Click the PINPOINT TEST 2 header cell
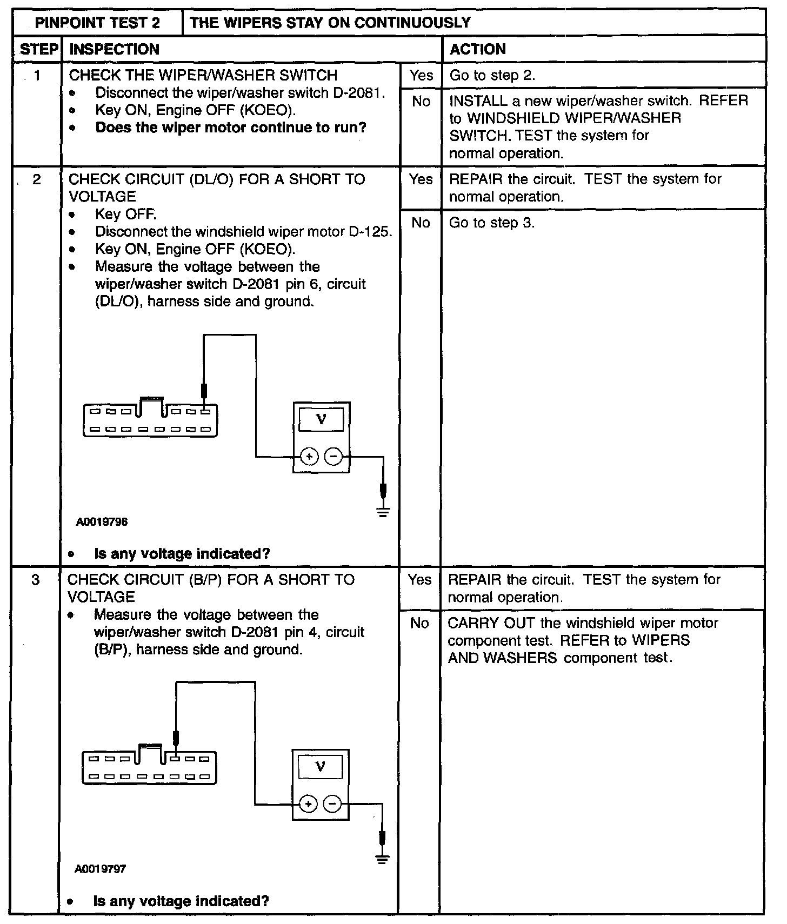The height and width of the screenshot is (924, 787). [97, 23]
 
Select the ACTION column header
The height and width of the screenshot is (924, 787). [478, 49]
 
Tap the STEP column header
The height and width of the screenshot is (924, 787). [38, 49]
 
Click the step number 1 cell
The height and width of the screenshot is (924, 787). [37, 75]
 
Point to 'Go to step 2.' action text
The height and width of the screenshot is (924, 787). [492, 75]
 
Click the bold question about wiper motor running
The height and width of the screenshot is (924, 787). [231, 128]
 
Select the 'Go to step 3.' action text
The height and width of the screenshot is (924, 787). [492, 223]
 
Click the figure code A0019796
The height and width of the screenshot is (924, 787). [102, 522]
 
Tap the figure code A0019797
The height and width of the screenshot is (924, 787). [101, 869]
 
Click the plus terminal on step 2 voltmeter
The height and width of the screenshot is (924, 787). [309, 457]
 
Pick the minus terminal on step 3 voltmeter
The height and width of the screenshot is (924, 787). [332, 804]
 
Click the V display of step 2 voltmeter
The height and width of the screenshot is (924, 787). [321, 419]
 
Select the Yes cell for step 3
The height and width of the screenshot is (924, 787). [419, 580]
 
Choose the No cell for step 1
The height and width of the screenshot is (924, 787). [421, 101]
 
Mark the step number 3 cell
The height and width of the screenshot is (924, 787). [36, 580]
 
